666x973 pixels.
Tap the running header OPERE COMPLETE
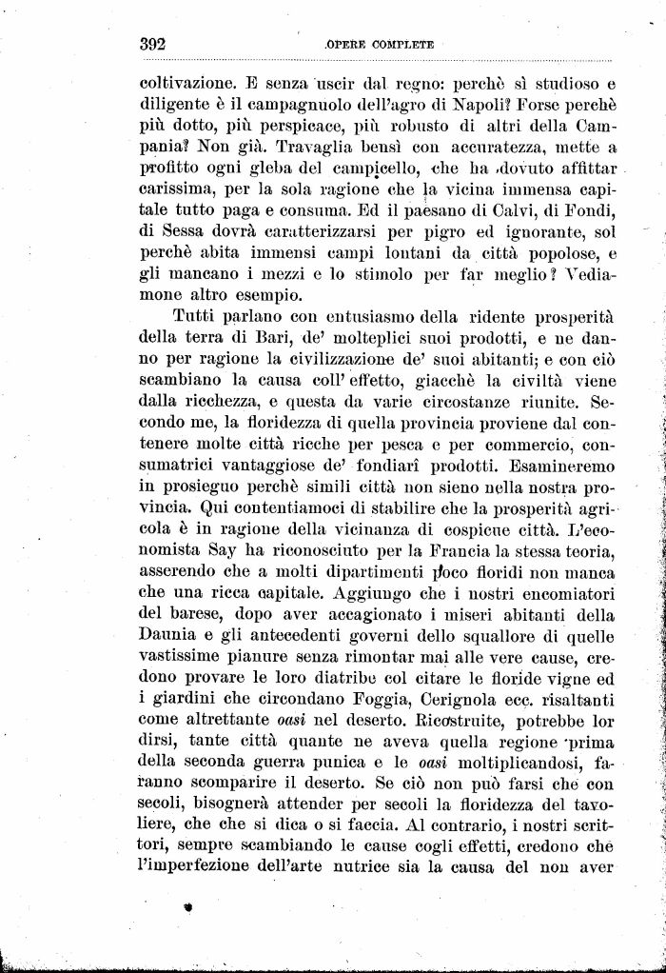[379, 44]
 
